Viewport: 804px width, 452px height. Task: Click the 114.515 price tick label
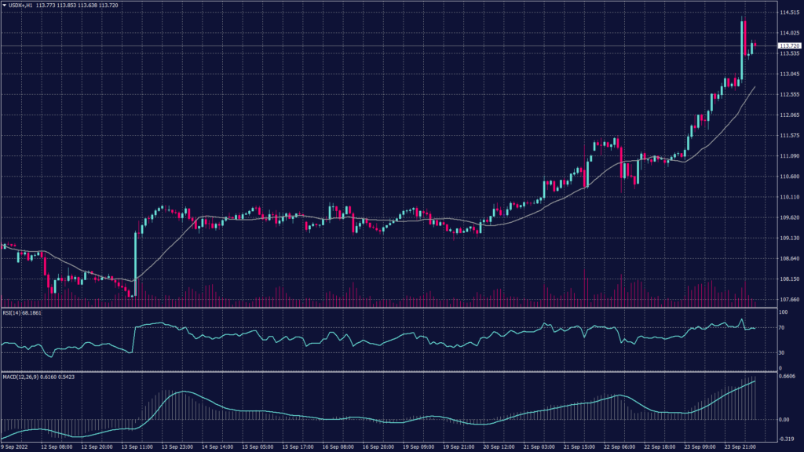(789, 13)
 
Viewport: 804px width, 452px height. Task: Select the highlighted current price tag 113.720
(789, 47)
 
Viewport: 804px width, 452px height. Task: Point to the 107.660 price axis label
(789, 299)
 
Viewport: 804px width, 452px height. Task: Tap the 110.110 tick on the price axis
(789, 197)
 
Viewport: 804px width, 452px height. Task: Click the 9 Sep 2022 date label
(16, 447)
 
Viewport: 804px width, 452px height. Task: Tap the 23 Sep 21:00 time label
(740, 447)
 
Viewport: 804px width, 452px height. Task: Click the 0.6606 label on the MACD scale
(788, 377)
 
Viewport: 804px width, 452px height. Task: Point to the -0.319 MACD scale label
(788, 439)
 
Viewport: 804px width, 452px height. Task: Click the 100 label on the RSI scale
(783, 312)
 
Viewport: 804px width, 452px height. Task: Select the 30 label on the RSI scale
(781, 352)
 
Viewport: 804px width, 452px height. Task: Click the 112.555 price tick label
(789, 94)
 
